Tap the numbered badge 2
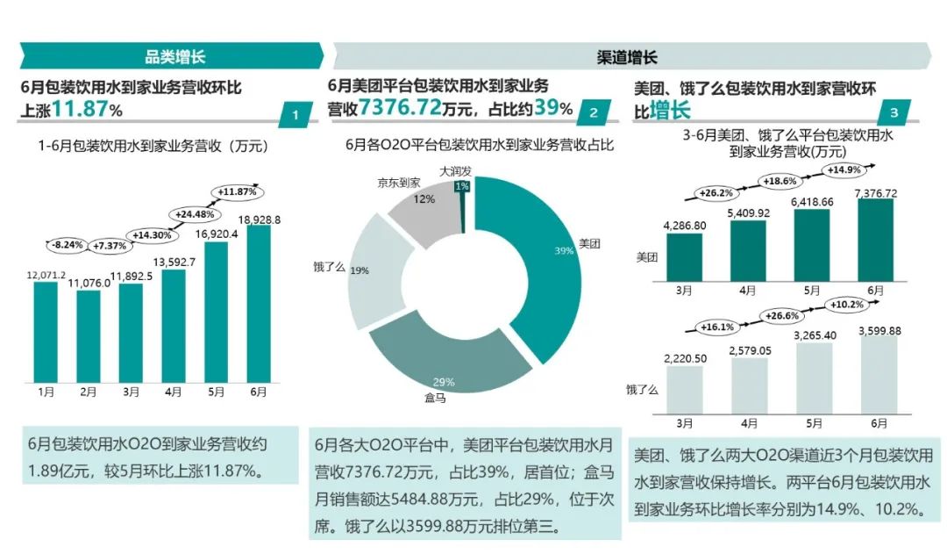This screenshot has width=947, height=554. point(594,112)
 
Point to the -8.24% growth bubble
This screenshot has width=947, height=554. point(68,245)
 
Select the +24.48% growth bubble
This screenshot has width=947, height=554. point(193,212)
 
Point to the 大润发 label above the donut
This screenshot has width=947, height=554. point(454,171)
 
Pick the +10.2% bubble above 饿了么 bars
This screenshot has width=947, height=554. point(844,305)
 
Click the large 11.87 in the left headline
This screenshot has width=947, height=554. point(81,110)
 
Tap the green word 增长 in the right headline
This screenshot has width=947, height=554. point(669,111)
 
